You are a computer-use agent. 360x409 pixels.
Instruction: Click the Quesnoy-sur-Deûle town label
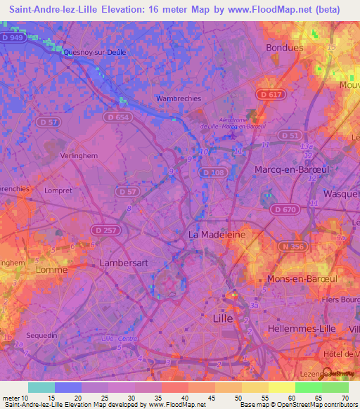94,52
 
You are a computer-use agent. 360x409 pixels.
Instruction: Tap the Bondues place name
285,48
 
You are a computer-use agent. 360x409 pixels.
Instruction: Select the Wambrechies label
178,99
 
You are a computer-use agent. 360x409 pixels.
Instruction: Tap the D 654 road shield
118,117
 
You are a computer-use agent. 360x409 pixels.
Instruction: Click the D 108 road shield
212,172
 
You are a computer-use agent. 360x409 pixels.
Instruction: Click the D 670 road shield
285,209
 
